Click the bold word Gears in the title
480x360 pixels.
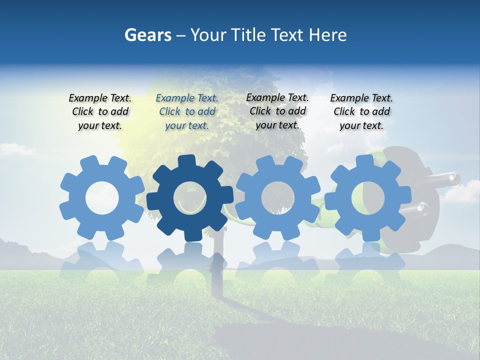point(147,35)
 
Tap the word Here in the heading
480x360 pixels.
point(327,35)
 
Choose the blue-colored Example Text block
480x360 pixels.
point(187,111)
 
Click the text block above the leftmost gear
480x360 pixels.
point(100,111)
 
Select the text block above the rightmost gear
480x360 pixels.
point(361,111)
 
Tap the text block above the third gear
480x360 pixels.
point(277,111)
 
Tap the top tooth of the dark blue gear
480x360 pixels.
point(186,161)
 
